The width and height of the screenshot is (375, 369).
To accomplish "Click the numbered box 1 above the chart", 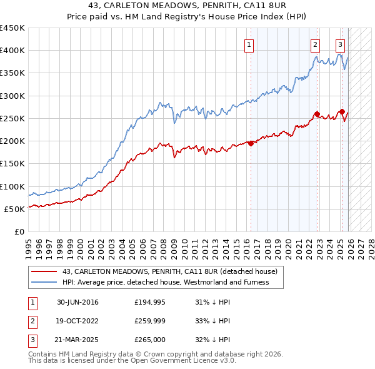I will pyautogui.click(x=249, y=44).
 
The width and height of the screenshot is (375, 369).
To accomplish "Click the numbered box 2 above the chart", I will pyautogui.click(x=315, y=44).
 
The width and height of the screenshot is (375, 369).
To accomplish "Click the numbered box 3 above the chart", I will pyautogui.click(x=340, y=44).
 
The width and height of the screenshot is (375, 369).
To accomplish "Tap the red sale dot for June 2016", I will pyautogui.click(x=251, y=143).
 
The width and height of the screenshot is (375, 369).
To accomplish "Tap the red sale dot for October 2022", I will pyautogui.click(x=317, y=114).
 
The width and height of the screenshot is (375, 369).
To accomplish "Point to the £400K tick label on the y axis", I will pyautogui.click(x=12, y=51).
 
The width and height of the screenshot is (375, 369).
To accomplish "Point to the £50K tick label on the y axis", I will pyautogui.click(x=15, y=209).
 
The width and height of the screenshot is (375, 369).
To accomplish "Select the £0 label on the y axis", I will pyautogui.click(x=19, y=231).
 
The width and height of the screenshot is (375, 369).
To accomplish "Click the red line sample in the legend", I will pyautogui.click(x=45, y=271).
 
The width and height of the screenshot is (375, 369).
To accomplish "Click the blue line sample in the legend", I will pyautogui.click(x=45, y=282).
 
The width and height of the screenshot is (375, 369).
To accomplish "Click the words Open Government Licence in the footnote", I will pyautogui.click(x=172, y=361).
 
